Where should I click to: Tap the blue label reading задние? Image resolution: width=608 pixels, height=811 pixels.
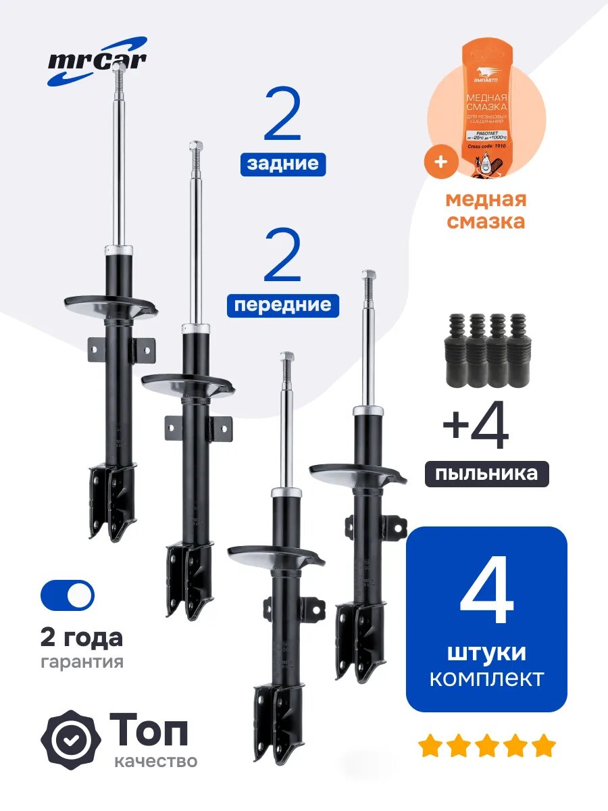[283, 164]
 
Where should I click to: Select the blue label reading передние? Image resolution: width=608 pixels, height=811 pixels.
[283, 305]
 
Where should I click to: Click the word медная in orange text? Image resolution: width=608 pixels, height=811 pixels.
[485, 200]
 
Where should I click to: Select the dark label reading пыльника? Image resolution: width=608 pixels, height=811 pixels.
[486, 473]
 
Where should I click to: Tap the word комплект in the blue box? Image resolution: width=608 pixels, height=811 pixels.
[486, 678]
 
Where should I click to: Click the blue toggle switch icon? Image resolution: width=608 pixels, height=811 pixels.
[68, 595]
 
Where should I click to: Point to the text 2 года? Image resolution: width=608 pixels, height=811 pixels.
[81, 637]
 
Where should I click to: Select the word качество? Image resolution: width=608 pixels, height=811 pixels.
[156, 762]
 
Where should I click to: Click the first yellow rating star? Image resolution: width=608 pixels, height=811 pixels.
[430, 747]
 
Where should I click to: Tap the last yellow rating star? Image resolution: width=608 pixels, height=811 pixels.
[543, 747]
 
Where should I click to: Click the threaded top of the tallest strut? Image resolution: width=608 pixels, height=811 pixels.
[118, 84]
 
